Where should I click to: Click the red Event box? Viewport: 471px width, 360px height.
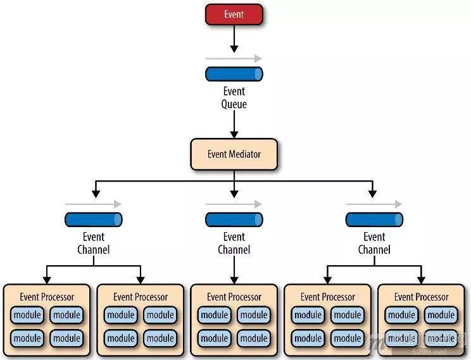click(x=234, y=14)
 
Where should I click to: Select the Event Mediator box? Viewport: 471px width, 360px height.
click(x=234, y=154)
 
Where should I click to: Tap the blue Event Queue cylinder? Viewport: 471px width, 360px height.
click(x=234, y=74)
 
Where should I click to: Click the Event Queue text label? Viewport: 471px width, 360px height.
click(x=234, y=97)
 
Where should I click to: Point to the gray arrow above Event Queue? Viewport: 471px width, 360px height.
click(x=234, y=59)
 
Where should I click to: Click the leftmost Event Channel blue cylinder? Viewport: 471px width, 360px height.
click(x=93, y=220)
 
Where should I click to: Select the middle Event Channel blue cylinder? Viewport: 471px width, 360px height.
click(x=234, y=220)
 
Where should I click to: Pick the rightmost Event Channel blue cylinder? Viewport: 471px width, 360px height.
click(x=374, y=220)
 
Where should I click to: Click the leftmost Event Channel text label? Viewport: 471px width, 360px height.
click(x=93, y=243)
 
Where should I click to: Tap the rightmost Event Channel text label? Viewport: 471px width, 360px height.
click(x=374, y=243)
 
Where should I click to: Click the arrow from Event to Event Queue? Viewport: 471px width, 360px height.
click(x=234, y=39)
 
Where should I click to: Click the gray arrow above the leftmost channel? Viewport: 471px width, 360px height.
click(x=93, y=204)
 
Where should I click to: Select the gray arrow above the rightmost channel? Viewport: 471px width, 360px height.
click(x=374, y=204)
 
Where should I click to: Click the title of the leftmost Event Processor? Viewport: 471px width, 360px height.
click(x=47, y=297)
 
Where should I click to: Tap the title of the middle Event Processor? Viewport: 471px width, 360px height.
click(x=234, y=297)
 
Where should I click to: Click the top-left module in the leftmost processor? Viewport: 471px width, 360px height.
click(x=27, y=315)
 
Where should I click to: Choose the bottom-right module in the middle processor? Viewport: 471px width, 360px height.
click(x=254, y=338)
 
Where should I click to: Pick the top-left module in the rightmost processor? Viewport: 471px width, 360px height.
click(x=402, y=315)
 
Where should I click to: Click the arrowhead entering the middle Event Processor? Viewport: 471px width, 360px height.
click(x=234, y=279)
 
